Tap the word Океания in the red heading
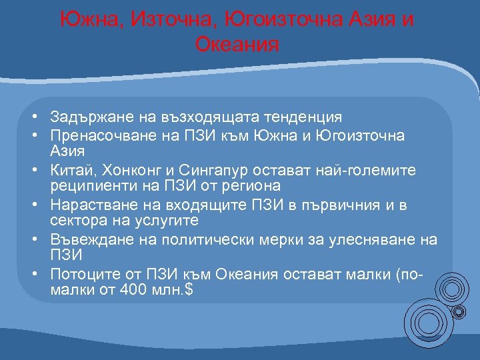(237, 45)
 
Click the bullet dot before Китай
(33, 171)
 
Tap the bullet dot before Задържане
(33, 117)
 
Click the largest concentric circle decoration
(426, 324)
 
